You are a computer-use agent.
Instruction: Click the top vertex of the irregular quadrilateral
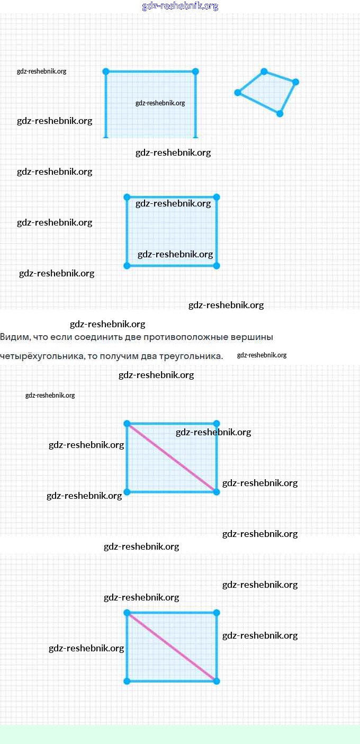[x=264, y=71]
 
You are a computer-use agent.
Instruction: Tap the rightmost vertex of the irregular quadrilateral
[x=295, y=82]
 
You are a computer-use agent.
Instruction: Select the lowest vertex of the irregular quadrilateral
[x=280, y=113]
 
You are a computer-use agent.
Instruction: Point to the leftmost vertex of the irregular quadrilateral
[x=238, y=93]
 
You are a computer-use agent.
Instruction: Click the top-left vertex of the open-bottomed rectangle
[x=106, y=71]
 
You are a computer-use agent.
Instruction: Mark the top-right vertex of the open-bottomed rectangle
[x=195, y=71]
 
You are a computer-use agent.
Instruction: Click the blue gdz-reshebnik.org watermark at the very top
[x=180, y=6]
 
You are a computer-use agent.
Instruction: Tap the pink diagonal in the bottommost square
[x=172, y=647]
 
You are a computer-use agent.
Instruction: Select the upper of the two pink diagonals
[x=172, y=458]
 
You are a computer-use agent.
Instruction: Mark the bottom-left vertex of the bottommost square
[x=127, y=681]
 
